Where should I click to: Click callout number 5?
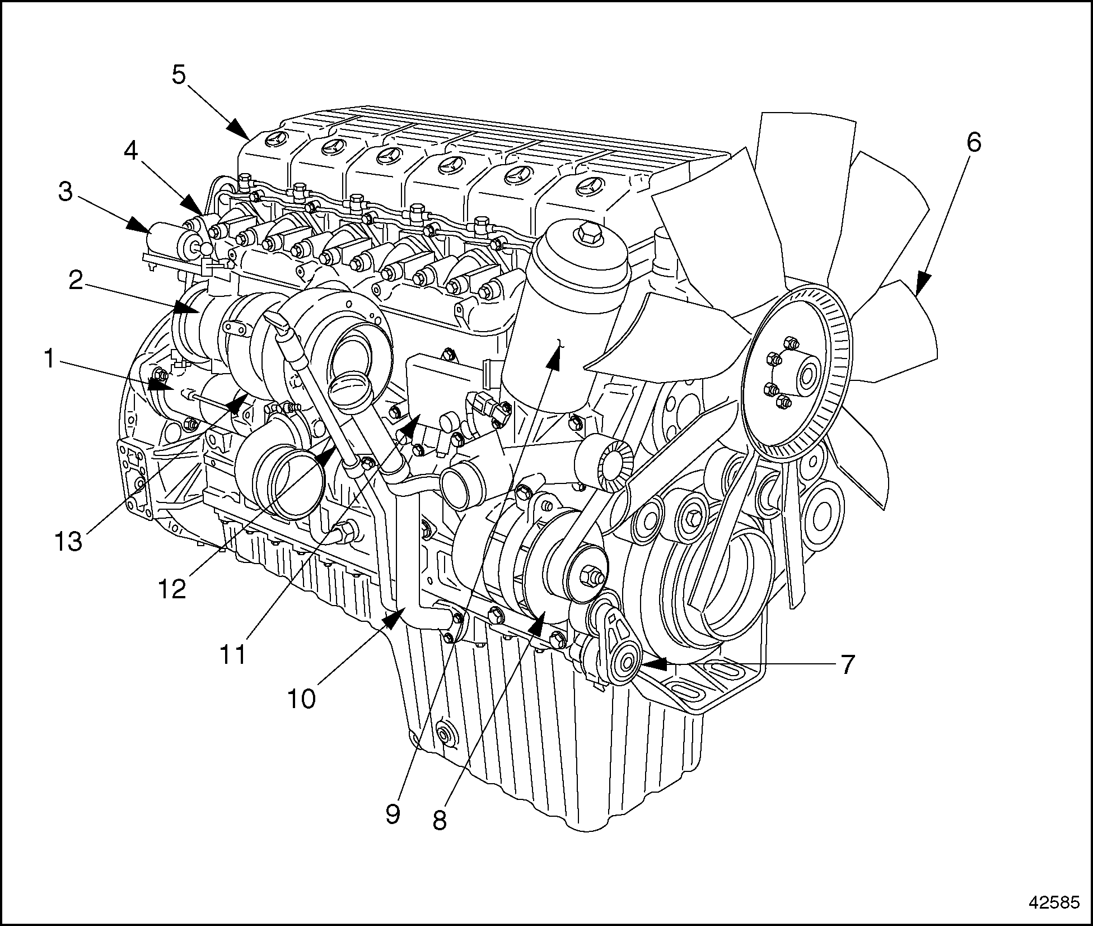[179, 75]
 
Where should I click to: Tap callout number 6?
[974, 143]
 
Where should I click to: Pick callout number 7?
[847, 664]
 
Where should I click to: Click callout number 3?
[66, 192]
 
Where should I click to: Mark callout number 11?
[232, 654]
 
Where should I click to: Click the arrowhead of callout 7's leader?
[654, 664]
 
